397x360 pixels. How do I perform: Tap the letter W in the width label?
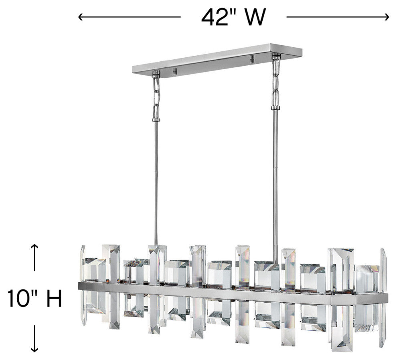tap(255, 17)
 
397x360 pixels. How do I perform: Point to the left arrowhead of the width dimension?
tap(81, 17)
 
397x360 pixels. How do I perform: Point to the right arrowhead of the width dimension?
tap(386, 17)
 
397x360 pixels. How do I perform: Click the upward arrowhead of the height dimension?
tap(34, 247)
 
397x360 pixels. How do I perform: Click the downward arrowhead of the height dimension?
tap(34, 349)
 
